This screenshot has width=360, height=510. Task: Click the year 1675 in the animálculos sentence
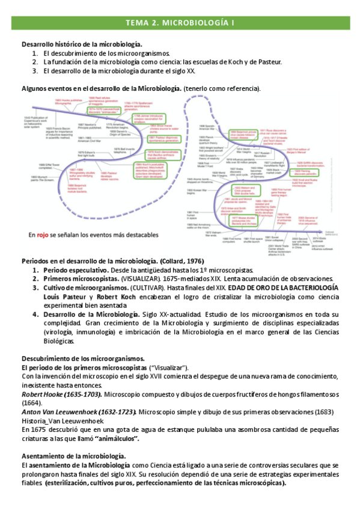(41, 429)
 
